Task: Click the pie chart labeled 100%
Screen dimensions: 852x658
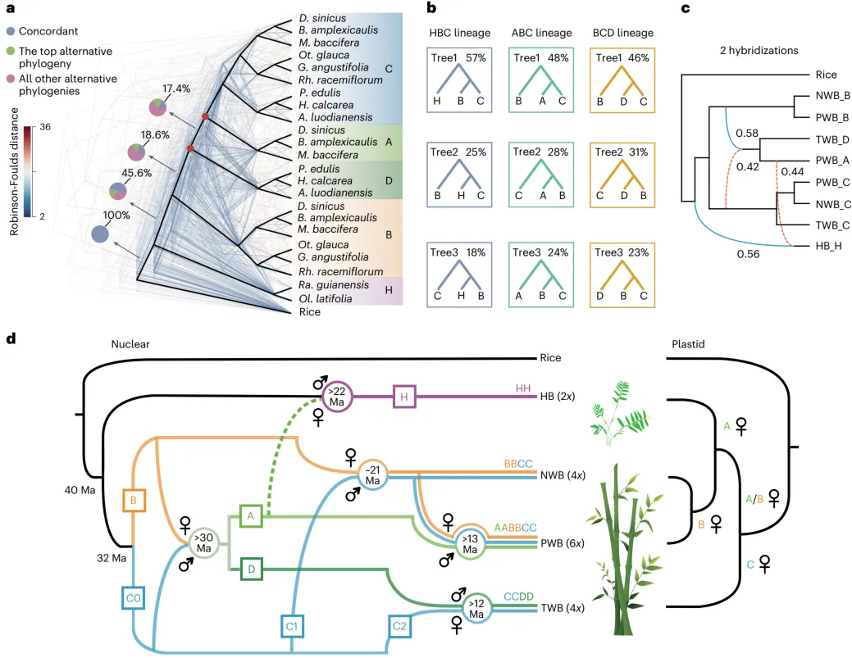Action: [x=100, y=234]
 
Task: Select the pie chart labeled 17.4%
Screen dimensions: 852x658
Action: [x=158, y=107]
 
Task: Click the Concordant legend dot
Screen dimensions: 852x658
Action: [x=11, y=31]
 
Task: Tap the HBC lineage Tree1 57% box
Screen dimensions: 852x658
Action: [x=459, y=80]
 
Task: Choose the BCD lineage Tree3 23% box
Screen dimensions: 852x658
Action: [x=622, y=275]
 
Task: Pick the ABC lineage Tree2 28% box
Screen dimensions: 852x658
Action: [x=541, y=175]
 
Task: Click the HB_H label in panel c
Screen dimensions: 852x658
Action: [x=829, y=246]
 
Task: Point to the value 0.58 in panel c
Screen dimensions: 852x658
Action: [x=746, y=133]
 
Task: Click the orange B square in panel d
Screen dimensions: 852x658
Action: [x=134, y=500]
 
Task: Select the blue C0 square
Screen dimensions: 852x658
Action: [x=133, y=597]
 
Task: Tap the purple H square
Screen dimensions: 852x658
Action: [x=404, y=397]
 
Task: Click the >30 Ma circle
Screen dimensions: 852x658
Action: [x=203, y=542]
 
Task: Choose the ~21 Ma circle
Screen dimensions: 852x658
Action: [x=373, y=475]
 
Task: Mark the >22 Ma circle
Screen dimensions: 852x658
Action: [x=337, y=397]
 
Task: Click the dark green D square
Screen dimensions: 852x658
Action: [x=251, y=569]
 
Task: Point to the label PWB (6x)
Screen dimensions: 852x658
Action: [x=563, y=543]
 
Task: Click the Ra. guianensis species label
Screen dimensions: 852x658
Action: [x=333, y=285]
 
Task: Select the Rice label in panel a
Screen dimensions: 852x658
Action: [x=310, y=311]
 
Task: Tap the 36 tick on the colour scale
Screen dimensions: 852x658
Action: [x=45, y=127]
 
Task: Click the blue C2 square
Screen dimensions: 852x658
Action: [x=399, y=626]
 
